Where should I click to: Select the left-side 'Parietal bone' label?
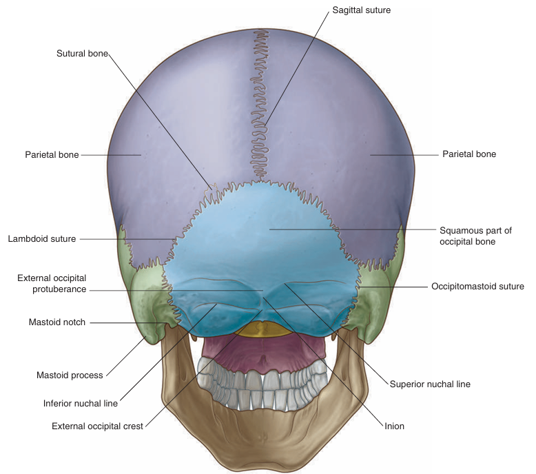click(52, 155)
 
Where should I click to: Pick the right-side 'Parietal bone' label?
click(469, 154)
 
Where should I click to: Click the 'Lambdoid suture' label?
click(42, 239)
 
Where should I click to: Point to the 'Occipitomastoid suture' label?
click(477, 286)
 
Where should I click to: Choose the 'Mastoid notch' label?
click(57, 322)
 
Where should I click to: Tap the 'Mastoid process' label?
click(70, 375)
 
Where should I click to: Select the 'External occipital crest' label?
click(97, 426)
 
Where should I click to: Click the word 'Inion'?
click(394, 426)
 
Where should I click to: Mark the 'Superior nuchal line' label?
click(430, 384)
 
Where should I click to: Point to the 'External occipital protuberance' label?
click(52, 284)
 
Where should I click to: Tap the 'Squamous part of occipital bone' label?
click(475, 236)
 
